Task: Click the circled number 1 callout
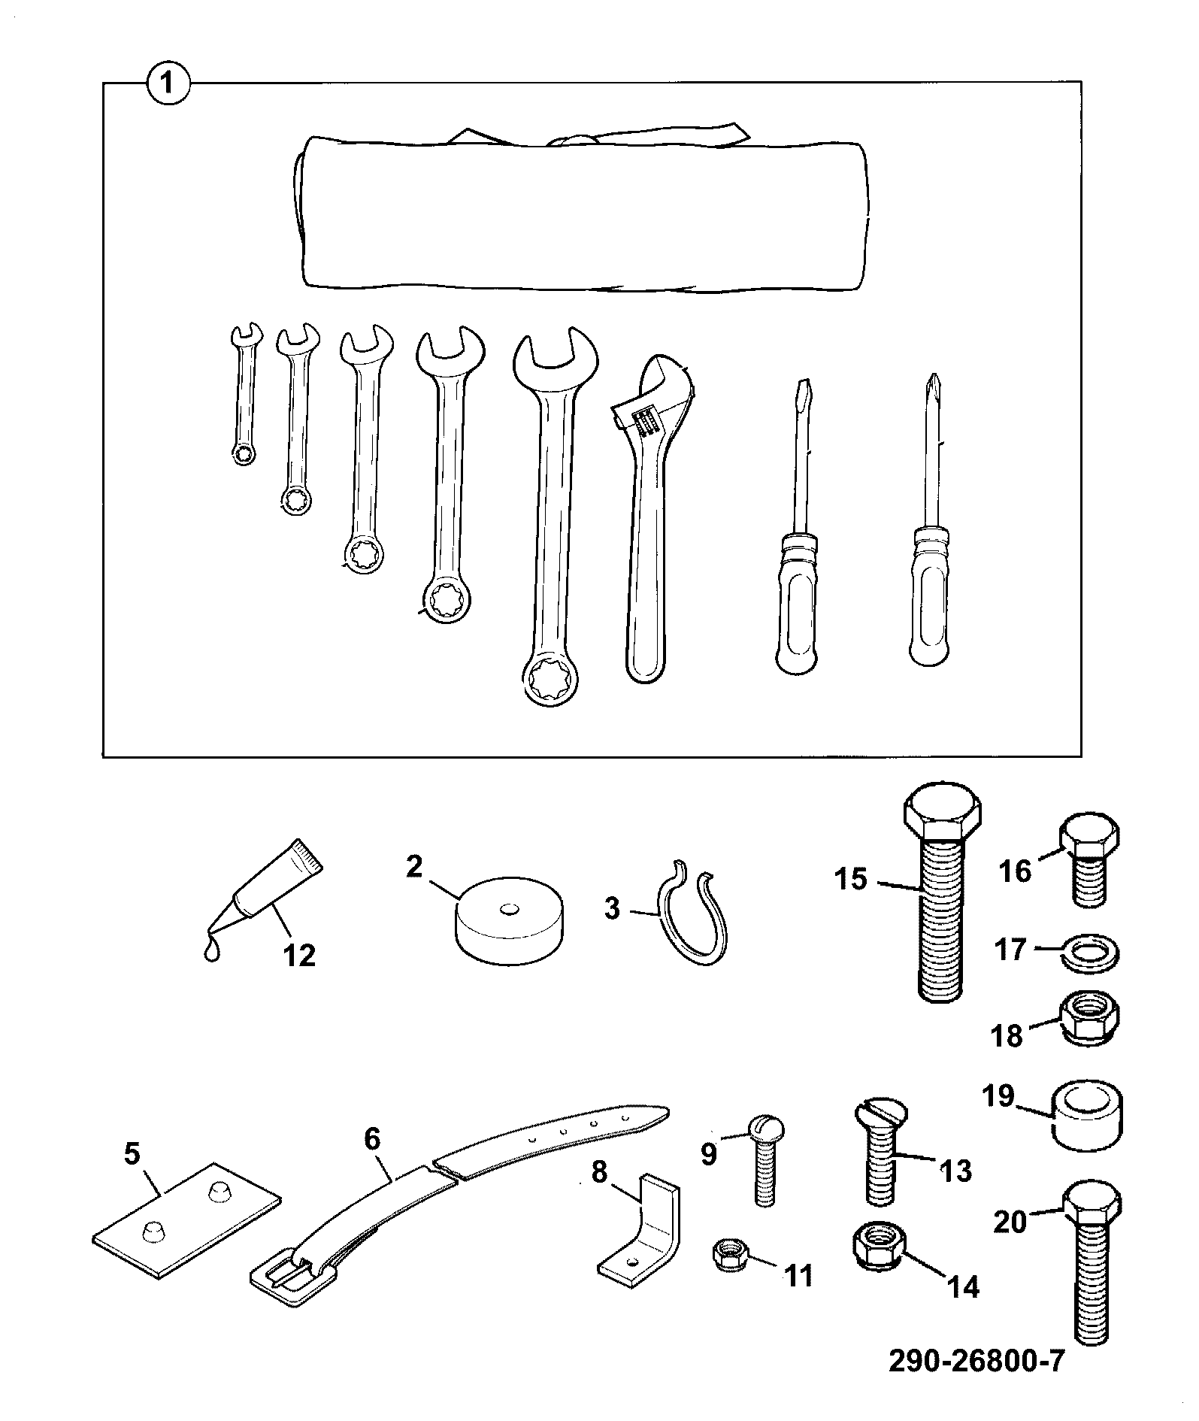coord(169,82)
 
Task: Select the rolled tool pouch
coord(579,211)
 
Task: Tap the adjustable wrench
coord(653,520)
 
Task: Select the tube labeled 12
coord(263,892)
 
